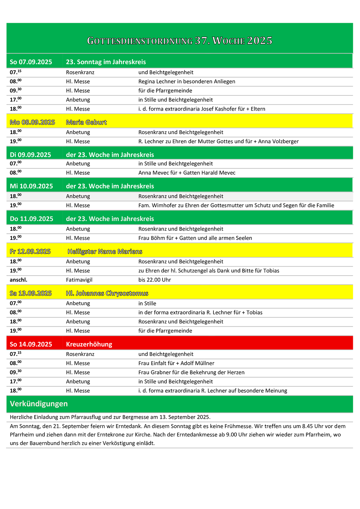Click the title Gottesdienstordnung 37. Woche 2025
[179, 41]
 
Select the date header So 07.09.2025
[31, 62]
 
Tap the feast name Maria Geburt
[86, 122]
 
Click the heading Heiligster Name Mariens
[105, 251]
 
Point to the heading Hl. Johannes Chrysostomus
[107, 293]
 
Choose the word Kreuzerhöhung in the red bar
[89, 344]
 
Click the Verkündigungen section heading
[39, 404]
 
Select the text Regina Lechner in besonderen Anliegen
[187, 81]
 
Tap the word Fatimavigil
[79, 280]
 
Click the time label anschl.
[18, 280]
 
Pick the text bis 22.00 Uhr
[154, 280]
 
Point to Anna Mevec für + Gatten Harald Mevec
[187, 173]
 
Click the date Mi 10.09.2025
[31, 186]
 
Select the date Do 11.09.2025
[31, 219]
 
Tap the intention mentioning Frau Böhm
[195, 238]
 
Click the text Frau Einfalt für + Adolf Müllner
[176, 363]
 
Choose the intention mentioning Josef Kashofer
[202, 109]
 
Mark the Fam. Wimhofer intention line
[236, 205]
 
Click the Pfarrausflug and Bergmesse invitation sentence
[110, 417]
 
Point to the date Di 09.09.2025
[30, 155]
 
